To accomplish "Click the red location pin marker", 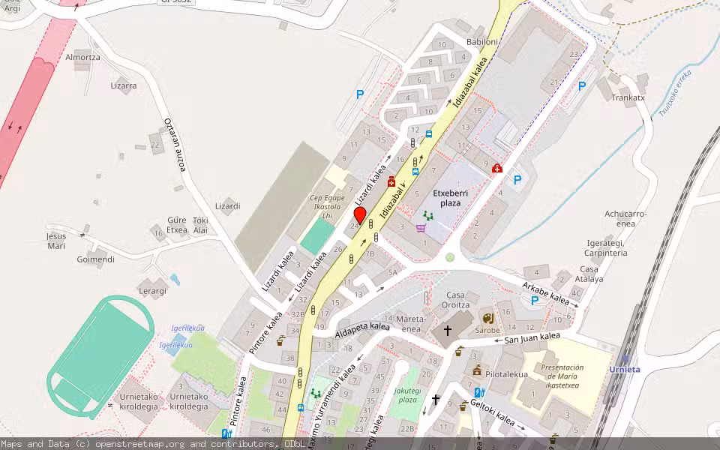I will [x=359, y=215].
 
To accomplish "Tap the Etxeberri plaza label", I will [x=450, y=197].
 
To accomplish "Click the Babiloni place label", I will [x=481, y=42].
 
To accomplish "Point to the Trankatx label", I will [x=628, y=97].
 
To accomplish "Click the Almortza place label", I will [x=82, y=57].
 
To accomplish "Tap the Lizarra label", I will [x=124, y=85].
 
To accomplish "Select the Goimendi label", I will [x=95, y=259].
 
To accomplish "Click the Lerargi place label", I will [x=152, y=290].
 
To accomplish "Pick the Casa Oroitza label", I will [x=456, y=300].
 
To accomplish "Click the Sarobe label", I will [x=487, y=329].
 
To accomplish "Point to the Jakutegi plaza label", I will [x=406, y=395].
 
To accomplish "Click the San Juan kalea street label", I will [x=532, y=338].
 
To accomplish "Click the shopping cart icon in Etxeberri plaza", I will [x=421, y=228].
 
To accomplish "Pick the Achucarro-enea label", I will [x=625, y=218].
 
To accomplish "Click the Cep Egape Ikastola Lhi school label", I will [x=327, y=206].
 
